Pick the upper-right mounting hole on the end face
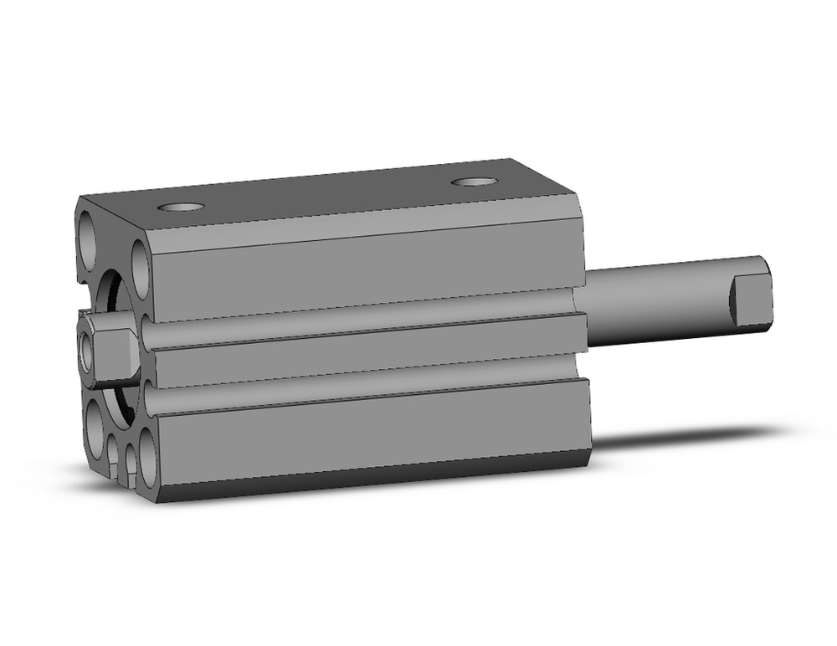(x=141, y=269)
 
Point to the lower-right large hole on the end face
(x=149, y=457)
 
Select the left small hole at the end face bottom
(x=114, y=452)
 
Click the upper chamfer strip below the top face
(x=360, y=235)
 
